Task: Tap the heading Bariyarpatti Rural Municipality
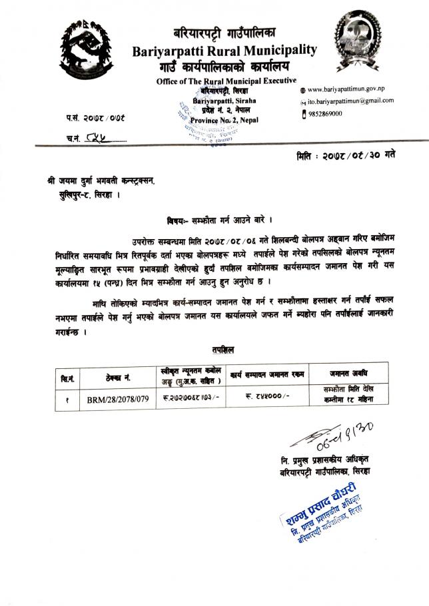pyautogui.click(x=224, y=51)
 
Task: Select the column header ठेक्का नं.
pyautogui.click(x=118, y=378)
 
